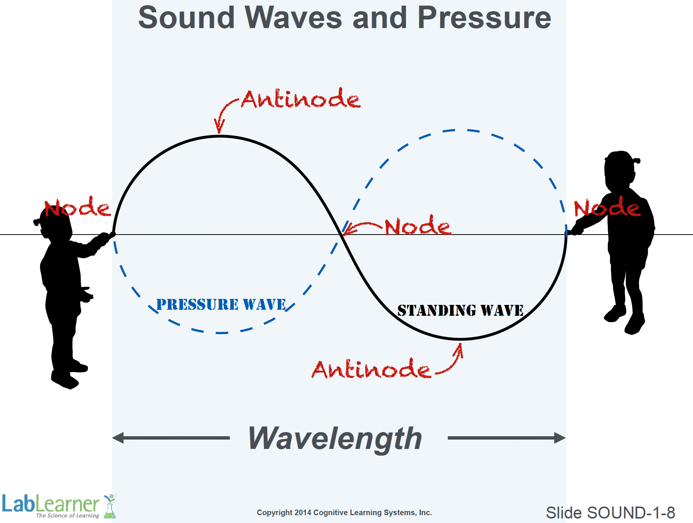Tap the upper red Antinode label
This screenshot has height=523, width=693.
coord(301,99)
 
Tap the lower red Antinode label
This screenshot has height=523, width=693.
coord(371,368)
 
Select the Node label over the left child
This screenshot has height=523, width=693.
coord(77,207)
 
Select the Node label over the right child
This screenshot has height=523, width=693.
coord(607,207)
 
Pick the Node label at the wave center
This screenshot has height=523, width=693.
coord(418,225)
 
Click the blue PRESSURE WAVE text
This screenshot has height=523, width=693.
coord(221,305)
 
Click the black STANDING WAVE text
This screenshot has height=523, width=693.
coord(461,311)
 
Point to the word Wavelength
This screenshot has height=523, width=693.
coord(335,438)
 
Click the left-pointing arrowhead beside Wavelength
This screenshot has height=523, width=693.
coord(118,438)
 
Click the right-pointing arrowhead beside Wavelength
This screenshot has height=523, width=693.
coord(560,438)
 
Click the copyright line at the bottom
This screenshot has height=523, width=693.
coord(344,513)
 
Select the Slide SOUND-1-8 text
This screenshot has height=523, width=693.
coord(610,513)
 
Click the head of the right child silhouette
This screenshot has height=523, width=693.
coord(620,171)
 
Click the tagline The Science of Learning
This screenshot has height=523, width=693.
coord(68,516)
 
